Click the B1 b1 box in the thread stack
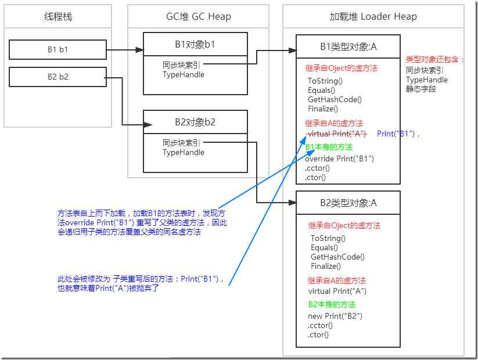(57, 49)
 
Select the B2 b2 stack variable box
(57, 77)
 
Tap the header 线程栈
(57, 16)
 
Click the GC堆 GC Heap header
(198, 16)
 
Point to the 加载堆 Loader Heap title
(373, 16)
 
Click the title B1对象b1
(195, 44)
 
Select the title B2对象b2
(195, 122)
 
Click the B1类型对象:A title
(348, 46)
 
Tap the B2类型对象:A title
(348, 203)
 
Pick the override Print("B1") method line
(339, 159)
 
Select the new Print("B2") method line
(335, 316)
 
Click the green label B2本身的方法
(332, 304)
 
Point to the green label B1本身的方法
(329, 147)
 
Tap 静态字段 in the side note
(422, 89)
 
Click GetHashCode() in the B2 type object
(337, 257)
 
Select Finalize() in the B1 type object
(323, 109)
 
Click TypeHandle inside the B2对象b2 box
(184, 152)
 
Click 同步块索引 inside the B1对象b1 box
(182, 64)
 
